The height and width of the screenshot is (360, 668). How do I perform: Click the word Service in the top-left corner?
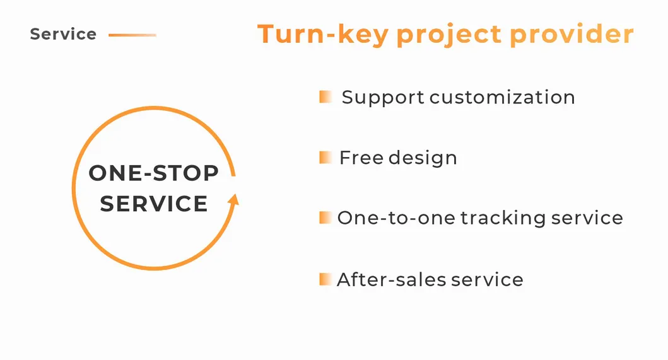63,34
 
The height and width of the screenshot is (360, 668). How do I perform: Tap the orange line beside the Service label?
132,35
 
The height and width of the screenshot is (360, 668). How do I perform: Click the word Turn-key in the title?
322,35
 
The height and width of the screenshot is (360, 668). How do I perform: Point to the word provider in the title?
572,34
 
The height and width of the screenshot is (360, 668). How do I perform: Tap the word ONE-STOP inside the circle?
153,173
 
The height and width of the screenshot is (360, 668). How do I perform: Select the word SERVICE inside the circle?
154,204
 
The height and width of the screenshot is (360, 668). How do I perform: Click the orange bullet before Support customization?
325,96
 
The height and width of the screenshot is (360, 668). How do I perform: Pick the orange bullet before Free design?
325,157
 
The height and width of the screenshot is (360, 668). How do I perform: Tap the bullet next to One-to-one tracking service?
325,218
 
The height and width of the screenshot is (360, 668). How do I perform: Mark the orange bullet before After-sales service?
325,279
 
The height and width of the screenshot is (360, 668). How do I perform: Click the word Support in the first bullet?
383,98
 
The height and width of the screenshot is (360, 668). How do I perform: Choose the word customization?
502,97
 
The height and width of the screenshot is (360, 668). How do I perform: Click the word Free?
361,158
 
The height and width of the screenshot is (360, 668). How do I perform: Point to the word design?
423,158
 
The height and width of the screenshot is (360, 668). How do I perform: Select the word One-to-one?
396,218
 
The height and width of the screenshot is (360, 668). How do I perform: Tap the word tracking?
503,219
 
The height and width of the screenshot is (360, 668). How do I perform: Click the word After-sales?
392,280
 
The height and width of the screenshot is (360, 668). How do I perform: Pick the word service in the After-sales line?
487,280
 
